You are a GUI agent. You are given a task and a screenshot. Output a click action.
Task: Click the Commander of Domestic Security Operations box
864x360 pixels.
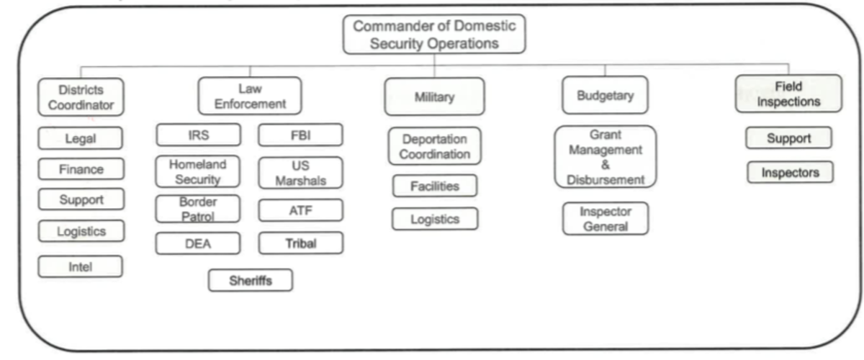[434, 34]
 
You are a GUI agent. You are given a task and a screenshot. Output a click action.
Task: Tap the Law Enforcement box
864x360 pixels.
[249, 95]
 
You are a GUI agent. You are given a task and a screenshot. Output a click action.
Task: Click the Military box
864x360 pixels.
[434, 97]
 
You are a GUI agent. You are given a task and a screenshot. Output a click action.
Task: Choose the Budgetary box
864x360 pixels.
[604, 96]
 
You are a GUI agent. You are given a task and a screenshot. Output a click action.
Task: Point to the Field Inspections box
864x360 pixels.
[788, 94]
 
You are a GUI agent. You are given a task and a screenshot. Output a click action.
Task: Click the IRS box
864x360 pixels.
[198, 135]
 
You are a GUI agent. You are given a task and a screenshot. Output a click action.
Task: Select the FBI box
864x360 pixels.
[300, 135]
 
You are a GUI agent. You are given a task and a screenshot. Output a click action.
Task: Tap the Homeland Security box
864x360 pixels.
[198, 172]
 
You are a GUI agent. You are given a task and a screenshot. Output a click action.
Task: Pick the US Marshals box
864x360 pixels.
[300, 173]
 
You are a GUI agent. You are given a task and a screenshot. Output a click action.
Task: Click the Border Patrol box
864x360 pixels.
[198, 208]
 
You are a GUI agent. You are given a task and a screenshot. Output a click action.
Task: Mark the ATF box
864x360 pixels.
[300, 210]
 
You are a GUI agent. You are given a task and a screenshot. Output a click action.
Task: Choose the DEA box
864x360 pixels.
[198, 244]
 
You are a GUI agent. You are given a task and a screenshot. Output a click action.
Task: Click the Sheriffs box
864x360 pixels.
[251, 280]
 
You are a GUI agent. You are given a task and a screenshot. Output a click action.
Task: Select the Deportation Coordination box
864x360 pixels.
[435, 146]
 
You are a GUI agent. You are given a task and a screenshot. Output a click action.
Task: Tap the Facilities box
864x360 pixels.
[435, 186]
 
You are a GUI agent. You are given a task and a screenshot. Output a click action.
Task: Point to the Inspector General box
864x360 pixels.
[605, 219]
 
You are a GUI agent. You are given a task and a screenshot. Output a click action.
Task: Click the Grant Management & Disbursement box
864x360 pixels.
[605, 157]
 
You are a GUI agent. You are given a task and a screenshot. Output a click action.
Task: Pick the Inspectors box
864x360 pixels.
[788, 173]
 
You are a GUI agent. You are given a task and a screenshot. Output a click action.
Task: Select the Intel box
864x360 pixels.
[80, 266]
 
